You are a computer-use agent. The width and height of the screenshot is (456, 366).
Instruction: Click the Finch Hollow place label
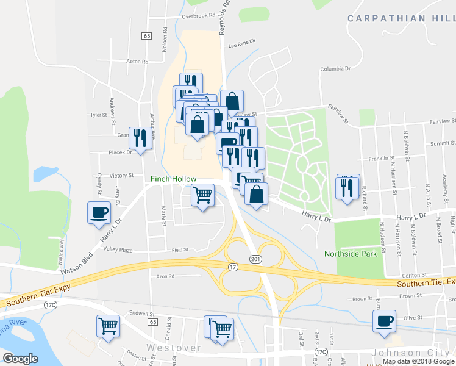click(174, 179)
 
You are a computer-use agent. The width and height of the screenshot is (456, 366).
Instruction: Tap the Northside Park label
click(351, 254)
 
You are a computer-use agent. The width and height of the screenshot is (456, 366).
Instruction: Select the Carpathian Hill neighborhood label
click(401, 18)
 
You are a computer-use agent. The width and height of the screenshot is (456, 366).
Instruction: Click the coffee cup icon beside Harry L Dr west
click(99, 213)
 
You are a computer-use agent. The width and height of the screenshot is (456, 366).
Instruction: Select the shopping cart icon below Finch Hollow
click(202, 195)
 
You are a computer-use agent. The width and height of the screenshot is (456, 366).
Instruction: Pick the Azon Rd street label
click(165, 276)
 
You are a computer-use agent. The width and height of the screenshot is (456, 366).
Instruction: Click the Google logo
click(20, 359)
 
